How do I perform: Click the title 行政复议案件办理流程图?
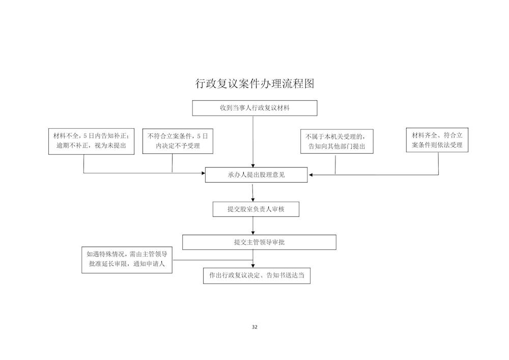coord(255,84)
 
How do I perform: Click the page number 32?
coord(254,327)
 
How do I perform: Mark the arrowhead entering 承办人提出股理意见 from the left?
coord(204,173)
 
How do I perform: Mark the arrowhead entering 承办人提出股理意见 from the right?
coord(310,175)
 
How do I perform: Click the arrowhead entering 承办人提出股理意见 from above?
coord(253,165)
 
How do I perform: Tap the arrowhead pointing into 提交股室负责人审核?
coord(253,200)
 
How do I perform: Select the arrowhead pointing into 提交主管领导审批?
coord(253,233)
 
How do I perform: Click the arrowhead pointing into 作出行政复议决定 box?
coord(253,266)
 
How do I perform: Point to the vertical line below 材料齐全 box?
coord(438,163)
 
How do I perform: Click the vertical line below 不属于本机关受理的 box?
coord(335,164)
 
